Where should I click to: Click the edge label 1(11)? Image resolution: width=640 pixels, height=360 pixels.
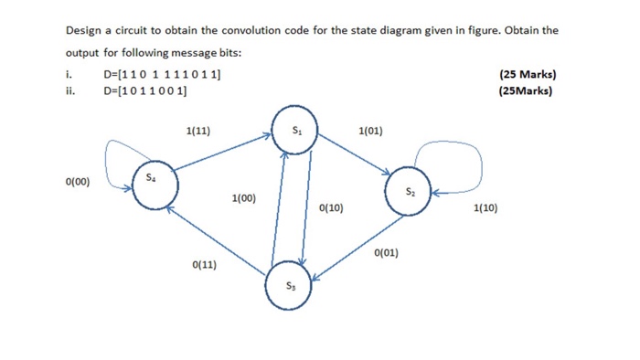(x=197, y=131)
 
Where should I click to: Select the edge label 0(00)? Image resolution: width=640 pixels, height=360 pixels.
(x=78, y=182)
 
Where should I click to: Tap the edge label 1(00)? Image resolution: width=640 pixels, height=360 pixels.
(x=244, y=197)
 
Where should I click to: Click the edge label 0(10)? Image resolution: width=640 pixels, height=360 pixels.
(x=332, y=208)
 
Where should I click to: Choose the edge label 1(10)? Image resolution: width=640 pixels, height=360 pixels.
(x=486, y=208)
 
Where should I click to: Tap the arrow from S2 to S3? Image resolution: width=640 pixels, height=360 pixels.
(x=357, y=248)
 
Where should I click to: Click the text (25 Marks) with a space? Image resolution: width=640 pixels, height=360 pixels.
(x=528, y=74)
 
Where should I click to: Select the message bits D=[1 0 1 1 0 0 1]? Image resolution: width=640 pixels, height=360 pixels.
(x=145, y=90)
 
